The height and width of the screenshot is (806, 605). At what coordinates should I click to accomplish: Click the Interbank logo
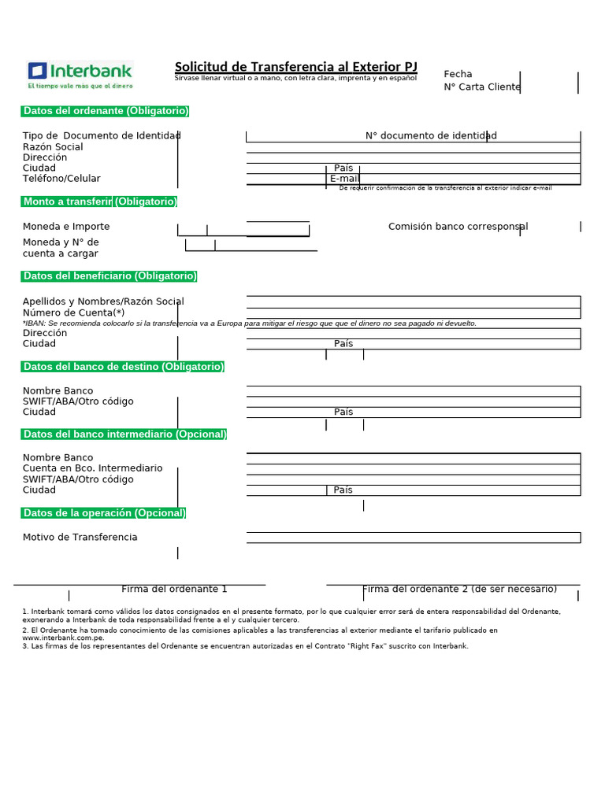pos(80,74)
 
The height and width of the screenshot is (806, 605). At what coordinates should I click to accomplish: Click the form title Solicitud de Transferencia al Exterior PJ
pos(295,67)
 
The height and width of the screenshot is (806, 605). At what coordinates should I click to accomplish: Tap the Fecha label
pos(458,74)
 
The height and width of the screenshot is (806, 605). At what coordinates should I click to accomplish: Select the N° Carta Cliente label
pos(482,87)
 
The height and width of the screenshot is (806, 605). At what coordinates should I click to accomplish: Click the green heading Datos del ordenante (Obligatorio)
pos(106,111)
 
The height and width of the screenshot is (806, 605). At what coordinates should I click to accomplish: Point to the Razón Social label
pos(53,147)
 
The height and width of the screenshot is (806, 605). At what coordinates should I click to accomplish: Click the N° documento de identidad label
pos(431,135)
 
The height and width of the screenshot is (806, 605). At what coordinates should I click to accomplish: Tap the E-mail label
pos(344,179)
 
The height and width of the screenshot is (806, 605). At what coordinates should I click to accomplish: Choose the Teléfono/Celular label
pos(61,179)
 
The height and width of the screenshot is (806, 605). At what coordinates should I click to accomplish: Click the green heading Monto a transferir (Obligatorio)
pos(99,201)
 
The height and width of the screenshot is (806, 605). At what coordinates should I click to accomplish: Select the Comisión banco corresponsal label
pos(458,227)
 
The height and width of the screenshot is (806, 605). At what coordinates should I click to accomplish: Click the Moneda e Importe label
pos(66,227)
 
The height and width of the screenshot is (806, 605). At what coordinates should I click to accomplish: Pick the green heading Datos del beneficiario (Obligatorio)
pos(109,275)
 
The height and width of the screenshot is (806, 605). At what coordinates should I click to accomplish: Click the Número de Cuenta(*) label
pos(74,312)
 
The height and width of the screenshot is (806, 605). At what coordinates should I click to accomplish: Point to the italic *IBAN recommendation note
pos(250,323)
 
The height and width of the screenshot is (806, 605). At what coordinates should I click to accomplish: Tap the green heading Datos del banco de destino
pos(123,367)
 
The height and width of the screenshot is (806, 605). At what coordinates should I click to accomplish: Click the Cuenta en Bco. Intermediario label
pos(92,468)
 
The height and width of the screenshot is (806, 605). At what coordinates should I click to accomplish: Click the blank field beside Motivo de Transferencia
pos(413,538)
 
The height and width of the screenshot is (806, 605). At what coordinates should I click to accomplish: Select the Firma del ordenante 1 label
pos(174,589)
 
